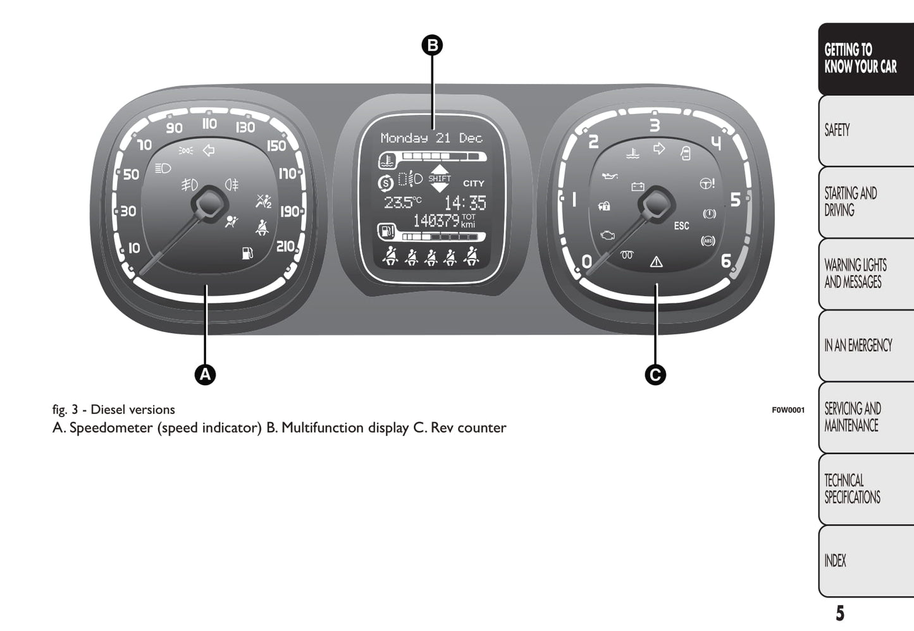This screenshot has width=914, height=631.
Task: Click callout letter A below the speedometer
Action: coord(205,374)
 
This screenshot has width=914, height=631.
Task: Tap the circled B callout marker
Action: coord(432,46)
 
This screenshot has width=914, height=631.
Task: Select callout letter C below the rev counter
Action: coord(655,374)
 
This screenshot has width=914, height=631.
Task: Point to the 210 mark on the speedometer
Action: coord(286,246)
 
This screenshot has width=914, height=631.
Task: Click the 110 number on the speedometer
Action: coord(210,123)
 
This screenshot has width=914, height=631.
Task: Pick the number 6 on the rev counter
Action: coord(726,260)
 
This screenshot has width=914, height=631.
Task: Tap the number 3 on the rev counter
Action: coord(655,125)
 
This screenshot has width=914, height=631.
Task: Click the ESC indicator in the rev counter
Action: coord(681,226)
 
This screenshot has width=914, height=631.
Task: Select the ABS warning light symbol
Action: coord(708,241)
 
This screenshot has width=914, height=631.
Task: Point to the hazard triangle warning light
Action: coord(656,262)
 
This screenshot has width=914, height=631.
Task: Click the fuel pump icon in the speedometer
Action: coord(247,253)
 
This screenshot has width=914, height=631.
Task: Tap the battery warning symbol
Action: coord(638,187)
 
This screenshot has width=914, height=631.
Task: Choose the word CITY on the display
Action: coord(473,183)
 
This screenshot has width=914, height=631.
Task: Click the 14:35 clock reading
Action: coord(465,203)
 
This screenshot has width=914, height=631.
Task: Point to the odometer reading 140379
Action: coord(436,221)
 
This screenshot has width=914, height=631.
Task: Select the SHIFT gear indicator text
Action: coord(440,178)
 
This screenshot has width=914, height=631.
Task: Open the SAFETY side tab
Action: coord(837,130)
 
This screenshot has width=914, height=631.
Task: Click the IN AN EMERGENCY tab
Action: coord(858,345)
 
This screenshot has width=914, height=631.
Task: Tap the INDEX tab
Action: coord(835,561)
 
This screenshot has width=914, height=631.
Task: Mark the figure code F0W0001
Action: coord(788,410)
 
